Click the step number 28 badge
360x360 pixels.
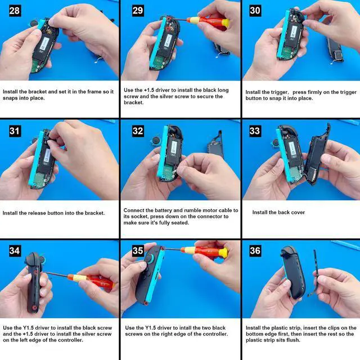pos(15,11)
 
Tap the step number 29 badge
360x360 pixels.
pos(138,11)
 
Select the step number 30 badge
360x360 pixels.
pos(255,11)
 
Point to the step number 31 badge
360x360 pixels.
pos(15,131)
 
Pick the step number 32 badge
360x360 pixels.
pos(138,131)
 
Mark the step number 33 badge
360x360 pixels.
pos(255,131)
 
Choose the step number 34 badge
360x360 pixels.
pos(15,251)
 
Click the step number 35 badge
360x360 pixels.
pos(138,251)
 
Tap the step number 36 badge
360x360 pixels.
pos(255,251)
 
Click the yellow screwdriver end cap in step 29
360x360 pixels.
pos(226,22)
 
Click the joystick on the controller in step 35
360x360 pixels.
pos(150,258)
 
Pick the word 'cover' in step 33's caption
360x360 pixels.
pos(298,213)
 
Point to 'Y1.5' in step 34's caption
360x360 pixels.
pos(29,328)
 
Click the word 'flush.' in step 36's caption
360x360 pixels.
pos(293,340)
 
